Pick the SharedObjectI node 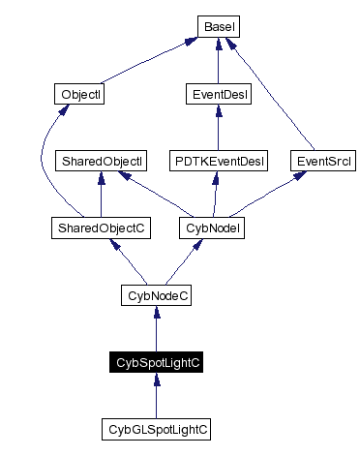point(101,160)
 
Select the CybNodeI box point(210,228)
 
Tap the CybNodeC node point(156,294)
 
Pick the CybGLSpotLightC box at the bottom point(156,427)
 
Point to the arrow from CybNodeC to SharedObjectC point(127,260)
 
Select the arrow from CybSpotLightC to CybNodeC point(156,328)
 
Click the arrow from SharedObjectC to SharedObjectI point(101,194)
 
